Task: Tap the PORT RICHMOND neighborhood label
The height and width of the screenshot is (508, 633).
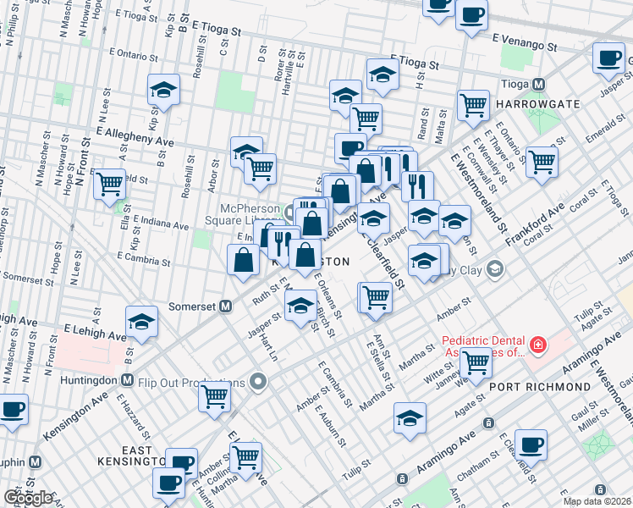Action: tap(540, 386)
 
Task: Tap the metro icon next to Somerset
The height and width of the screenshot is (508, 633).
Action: tap(226, 306)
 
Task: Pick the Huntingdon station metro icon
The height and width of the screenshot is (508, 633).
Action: tap(128, 379)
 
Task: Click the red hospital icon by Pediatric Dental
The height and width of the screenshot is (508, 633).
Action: tap(537, 345)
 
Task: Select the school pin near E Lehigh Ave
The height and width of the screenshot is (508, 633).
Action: tap(141, 322)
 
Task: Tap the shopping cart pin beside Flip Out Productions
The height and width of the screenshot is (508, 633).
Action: tap(216, 395)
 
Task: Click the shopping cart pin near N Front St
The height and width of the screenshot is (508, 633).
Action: tap(110, 183)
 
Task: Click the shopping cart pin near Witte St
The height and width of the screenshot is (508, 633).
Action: tap(476, 361)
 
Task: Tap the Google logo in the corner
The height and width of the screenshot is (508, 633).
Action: tap(28, 498)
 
